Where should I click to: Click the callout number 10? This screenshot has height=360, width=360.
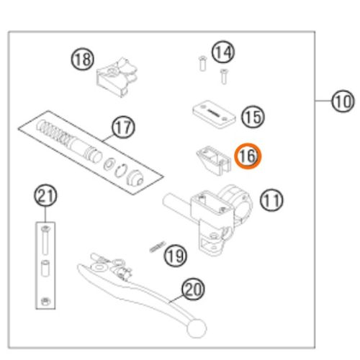pyautogui.click(x=343, y=101)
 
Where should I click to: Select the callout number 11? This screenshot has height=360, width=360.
pyautogui.click(x=271, y=200)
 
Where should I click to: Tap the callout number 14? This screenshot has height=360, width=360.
pyautogui.click(x=223, y=52)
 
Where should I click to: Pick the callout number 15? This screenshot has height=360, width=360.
pyautogui.click(x=253, y=117)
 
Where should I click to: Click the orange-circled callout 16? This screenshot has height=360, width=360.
pyautogui.click(x=248, y=156)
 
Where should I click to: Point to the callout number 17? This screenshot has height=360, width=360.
pyautogui.click(x=123, y=127)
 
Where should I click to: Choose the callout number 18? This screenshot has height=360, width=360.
pyautogui.click(x=83, y=59)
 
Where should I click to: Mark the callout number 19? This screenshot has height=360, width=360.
pyautogui.click(x=175, y=256)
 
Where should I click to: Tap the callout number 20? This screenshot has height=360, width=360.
pyautogui.click(x=193, y=289)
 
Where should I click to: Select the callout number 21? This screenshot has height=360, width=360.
pyautogui.click(x=45, y=195)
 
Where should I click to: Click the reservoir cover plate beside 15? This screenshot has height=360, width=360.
pyautogui.click(x=214, y=114)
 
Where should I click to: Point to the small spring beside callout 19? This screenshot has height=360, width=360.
pyautogui.click(x=157, y=247)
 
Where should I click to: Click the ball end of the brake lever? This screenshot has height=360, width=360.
pyautogui.click(x=197, y=328)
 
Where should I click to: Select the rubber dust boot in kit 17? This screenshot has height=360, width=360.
pyautogui.click(x=135, y=178)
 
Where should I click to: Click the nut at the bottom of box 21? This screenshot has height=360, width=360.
pyautogui.click(x=45, y=301)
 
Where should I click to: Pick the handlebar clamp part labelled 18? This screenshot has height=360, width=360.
pyautogui.click(x=117, y=77)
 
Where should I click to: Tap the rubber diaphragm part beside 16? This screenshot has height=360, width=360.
pyautogui.click(x=214, y=160)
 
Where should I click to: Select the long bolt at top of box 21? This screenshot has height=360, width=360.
pyautogui.click(x=45, y=240)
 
